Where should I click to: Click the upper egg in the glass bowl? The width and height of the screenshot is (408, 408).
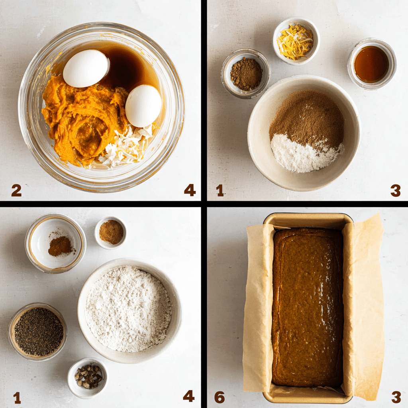click(x=86, y=68)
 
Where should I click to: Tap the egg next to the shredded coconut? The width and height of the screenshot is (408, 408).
click(x=143, y=106)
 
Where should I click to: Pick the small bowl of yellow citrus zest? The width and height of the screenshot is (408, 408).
click(x=296, y=41)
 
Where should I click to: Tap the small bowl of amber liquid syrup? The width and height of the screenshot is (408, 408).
click(x=371, y=64)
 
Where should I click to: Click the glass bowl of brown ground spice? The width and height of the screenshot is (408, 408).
click(x=245, y=73)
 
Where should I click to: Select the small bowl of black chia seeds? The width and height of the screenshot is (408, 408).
click(x=38, y=331)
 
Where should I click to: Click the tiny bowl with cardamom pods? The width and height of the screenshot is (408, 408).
click(x=88, y=377)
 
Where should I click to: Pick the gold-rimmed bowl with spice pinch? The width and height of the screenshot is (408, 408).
click(x=55, y=243)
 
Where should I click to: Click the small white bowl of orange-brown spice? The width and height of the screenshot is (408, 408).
click(x=111, y=232)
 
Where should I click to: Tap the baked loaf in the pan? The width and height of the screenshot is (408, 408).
click(x=307, y=307)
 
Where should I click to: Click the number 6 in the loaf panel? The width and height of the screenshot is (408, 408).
click(x=219, y=396)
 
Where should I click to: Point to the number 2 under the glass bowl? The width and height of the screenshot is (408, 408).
click(x=16, y=191)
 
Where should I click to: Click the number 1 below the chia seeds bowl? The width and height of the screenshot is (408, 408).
click(x=17, y=397)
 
